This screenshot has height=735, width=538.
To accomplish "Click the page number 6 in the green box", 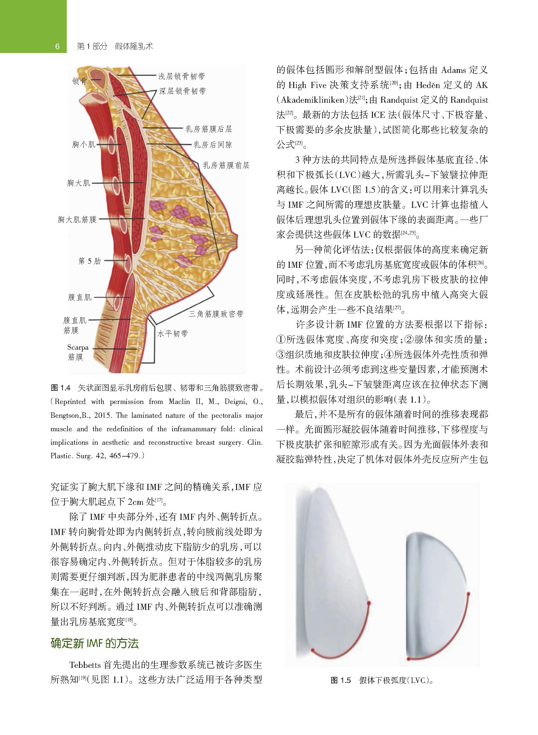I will (x=57, y=46).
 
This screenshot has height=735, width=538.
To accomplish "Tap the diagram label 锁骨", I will (x=79, y=81).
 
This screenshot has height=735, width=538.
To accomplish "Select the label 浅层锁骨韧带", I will (x=181, y=76).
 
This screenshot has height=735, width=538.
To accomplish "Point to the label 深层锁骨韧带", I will (x=182, y=91).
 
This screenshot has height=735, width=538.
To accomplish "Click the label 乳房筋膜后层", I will (x=209, y=129).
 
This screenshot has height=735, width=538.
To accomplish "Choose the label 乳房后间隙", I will (x=213, y=145).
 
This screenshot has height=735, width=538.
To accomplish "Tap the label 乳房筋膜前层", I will (x=226, y=165).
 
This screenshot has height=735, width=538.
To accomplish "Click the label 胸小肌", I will (x=84, y=144).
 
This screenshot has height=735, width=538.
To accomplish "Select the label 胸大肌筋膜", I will (x=77, y=220).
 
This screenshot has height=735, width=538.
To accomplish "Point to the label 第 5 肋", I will (x=90, y=261).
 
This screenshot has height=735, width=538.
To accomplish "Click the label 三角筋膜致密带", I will (x=216, y=314).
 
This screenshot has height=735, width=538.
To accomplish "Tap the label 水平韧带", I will (x=172, y=334).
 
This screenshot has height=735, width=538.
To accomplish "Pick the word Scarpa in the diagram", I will (x=78, y=347).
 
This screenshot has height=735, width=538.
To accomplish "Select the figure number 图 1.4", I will (x=61, y=388).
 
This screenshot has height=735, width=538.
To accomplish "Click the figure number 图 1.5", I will (x=341, y=680).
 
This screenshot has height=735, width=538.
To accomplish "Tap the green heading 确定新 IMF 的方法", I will (x=95, y=643).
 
